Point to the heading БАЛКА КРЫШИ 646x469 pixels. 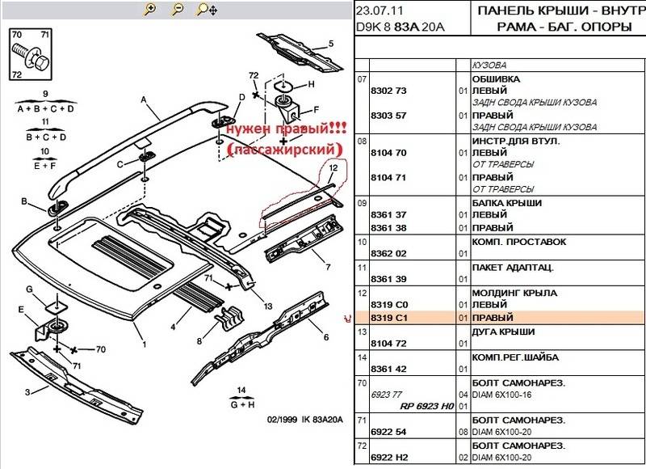click(506, 202)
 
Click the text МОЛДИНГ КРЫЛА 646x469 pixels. click(511, 294)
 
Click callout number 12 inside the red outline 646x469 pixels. click(332, 168)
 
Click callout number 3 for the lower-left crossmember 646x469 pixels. click(27, 392)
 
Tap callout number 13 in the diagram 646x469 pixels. click(267, 306)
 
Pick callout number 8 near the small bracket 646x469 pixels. click(199, 340)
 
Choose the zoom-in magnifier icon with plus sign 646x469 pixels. click(149, 11)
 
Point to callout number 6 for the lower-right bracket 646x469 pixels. click(325, 337)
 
